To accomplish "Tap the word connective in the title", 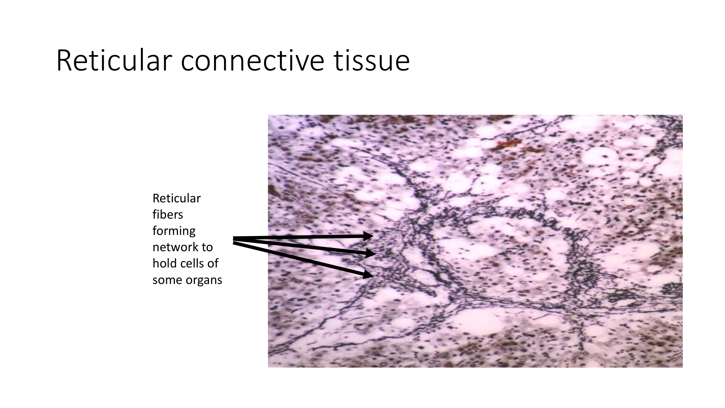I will (x=253, y=61).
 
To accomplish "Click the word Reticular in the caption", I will (x=177, y=198).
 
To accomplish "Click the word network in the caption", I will (x=174, y=247).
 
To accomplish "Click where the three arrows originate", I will (x=234, y=240).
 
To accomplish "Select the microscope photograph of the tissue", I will (x=475, y=241).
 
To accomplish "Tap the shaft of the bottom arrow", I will (x=298, y=258).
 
